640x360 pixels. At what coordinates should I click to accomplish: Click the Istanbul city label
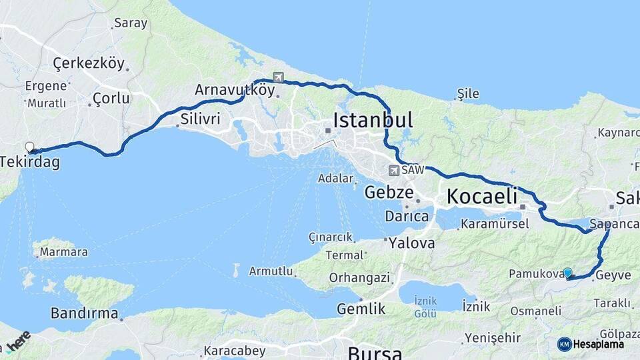(x=373, y=120)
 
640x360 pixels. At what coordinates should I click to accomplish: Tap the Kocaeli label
(x=482, y=196)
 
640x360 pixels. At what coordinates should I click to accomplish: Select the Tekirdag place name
(x=29, y=162)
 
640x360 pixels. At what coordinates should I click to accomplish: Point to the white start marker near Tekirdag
(x=29, y=147)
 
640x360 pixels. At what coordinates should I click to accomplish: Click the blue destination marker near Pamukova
(x=567, y=273)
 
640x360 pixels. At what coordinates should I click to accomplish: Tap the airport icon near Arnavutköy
(x=277, y=77)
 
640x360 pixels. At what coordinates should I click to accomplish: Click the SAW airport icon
(x=394, y=171)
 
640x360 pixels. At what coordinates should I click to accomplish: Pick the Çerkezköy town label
(x=89, y=64)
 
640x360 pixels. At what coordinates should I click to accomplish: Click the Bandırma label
(x=85, y=313)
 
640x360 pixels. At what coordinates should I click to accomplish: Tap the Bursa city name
(x=375, y=353)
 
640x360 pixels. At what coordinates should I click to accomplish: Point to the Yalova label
(x=411, y=242)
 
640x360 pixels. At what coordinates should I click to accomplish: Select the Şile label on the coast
(x=468, y=93)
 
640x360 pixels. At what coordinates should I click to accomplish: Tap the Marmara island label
(x=63, y=253)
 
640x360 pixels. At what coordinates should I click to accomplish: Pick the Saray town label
(x=131, y=23)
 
